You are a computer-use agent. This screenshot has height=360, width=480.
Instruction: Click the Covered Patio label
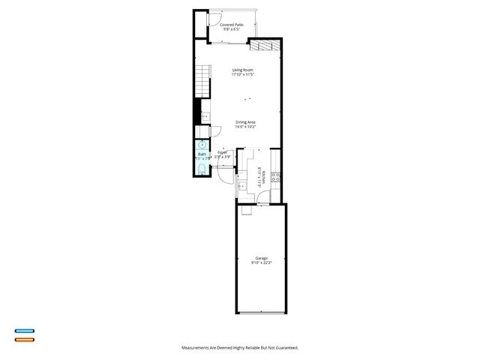pyautogui.click(x=232, y=25)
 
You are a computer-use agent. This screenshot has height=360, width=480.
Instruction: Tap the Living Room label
pyautogui.click(x=243, y=70)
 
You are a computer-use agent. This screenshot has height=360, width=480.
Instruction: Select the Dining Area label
pyautogui.click(x=246, y=122)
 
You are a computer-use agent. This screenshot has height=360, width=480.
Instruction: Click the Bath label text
pyautogui.click(x=201, y=154)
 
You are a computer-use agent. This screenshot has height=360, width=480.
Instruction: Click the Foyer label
pyautogui.click(x=222, y=152)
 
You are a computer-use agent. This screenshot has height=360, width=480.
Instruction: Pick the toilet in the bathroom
pyautogui.click(x=202, y=168)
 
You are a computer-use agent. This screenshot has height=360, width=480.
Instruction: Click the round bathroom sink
pyautogui.click(x=202, y=145)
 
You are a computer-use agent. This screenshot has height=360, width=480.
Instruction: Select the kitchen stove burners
pyautogui.click(x=276, y=178)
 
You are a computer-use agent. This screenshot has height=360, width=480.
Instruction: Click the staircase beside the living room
pyautogui.click(x=201, y=81)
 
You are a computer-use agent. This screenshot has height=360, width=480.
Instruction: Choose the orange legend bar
pyautogui.click(x=24, y=340)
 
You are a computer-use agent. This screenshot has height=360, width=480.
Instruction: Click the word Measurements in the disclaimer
pyautogui.click(x=196, y=347)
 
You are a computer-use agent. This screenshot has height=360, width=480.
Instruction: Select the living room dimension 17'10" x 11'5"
pyautogui.click(x=243, y=75)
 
